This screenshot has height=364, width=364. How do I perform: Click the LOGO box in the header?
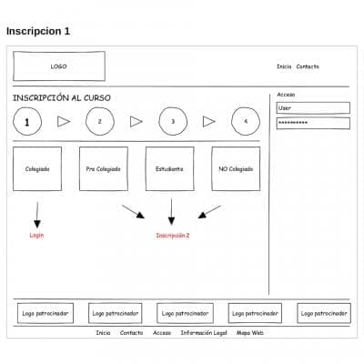tap(58, 66)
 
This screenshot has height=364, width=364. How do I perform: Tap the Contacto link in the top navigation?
tap(308, 66)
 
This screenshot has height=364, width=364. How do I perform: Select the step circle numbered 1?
tap(27, 121)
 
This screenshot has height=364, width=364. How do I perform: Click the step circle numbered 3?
tap(173, 121)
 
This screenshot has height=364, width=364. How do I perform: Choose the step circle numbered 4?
tap(246, 121)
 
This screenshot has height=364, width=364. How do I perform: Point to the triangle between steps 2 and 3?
tap(136, 121)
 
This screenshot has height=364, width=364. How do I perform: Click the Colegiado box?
tap(37, 169)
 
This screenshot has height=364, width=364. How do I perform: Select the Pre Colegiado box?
tap(104, 169)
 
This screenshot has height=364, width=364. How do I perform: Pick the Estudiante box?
tap(170, 169)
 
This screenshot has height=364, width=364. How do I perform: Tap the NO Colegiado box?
tap(236, 169)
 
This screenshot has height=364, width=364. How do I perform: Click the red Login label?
tap(37, 236)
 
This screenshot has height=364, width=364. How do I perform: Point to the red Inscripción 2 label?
tap(172, 236)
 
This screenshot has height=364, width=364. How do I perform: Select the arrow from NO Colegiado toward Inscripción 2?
tap(209, 211)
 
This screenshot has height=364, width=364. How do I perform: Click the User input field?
tap(312, 107)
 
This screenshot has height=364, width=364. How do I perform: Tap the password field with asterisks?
tap(312, 123)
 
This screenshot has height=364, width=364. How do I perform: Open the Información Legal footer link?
tap(203, 333)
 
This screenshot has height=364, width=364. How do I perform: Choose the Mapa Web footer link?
tap(250, 333)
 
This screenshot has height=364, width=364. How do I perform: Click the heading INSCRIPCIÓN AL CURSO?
tap(62, 97)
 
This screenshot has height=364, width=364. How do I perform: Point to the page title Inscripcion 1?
tap(38, 31)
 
